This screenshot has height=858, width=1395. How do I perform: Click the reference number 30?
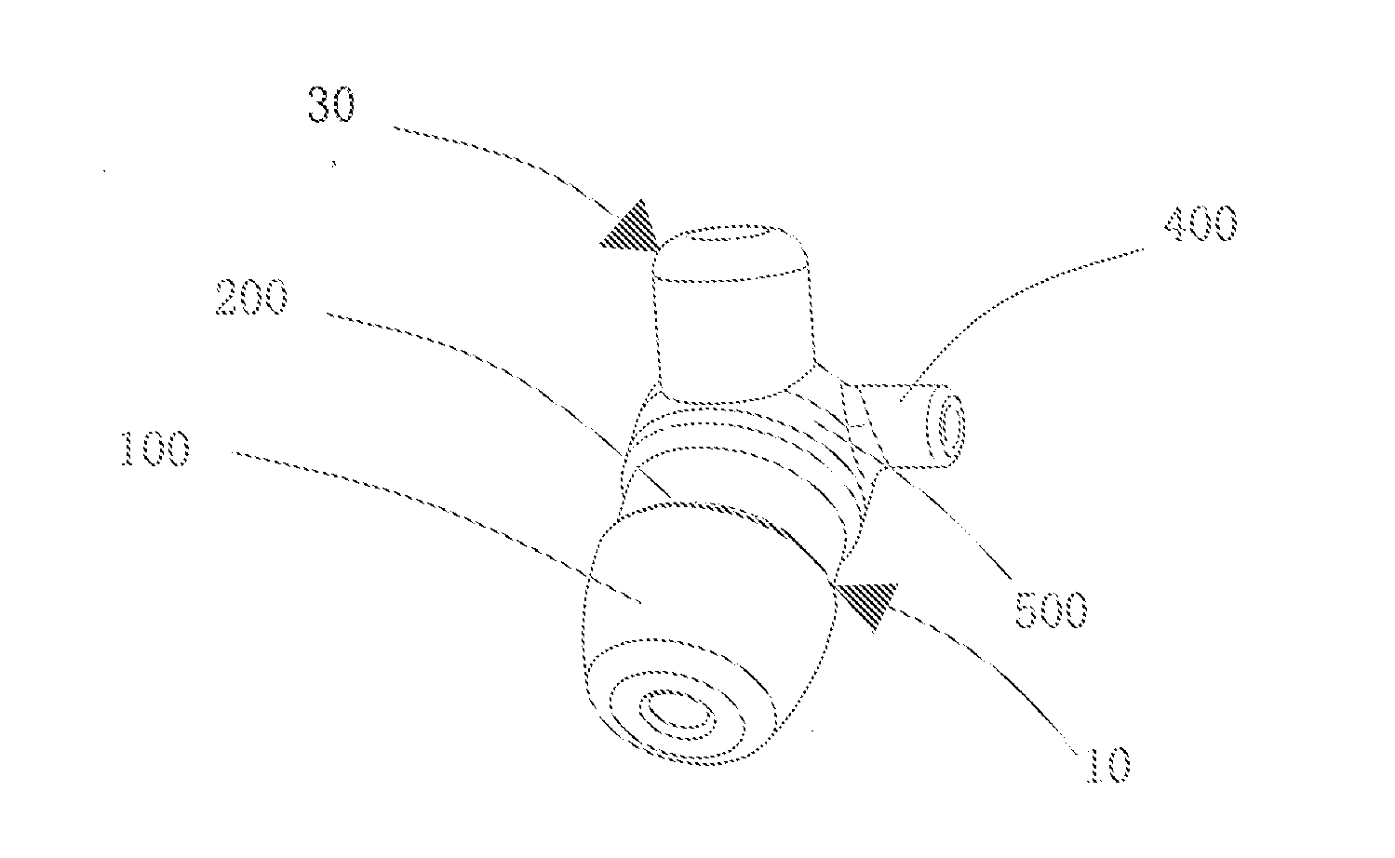pos(331,104)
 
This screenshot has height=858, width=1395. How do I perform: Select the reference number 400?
pos(1201,223)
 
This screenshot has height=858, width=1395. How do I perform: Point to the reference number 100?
pos(155,448)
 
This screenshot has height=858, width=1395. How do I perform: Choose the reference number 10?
pos(1108,764)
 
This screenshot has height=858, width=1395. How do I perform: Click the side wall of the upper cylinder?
pos(735,336)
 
